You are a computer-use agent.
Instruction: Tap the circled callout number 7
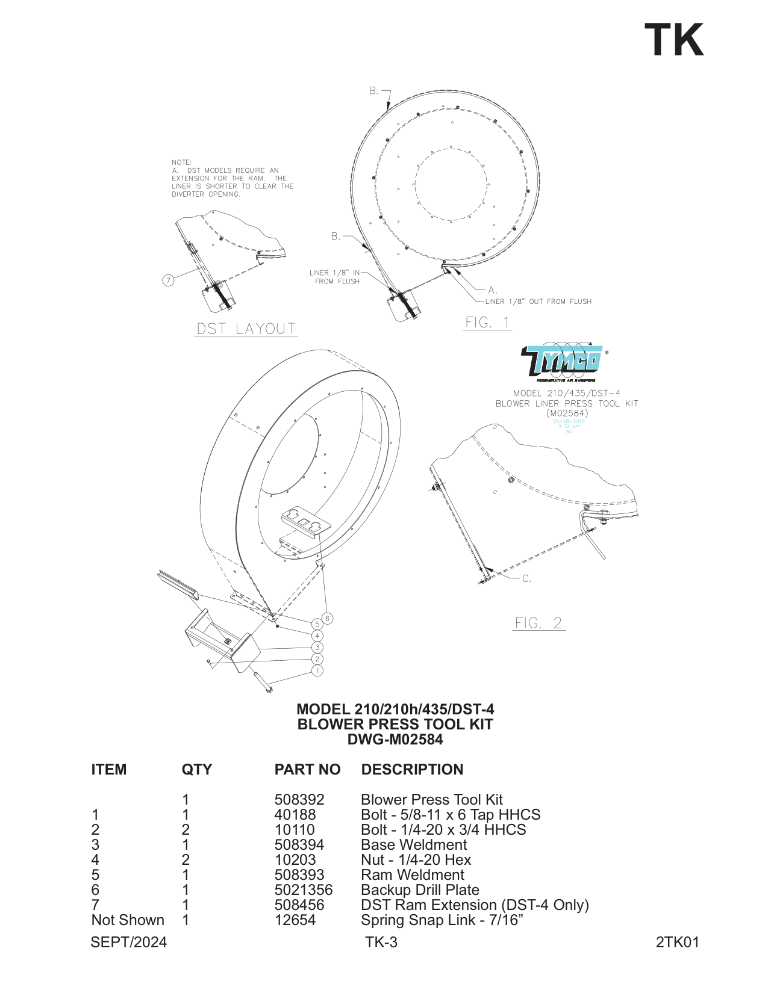coord(169,280)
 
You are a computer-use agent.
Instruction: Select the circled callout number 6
coord(327,618)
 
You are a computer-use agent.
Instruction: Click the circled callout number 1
coord(317,670)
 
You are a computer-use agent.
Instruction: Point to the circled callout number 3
coord(317,648)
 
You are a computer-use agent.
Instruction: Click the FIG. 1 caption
coord(487,323)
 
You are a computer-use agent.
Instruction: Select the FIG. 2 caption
coord(539,623)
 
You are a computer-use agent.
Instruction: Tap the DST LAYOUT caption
coord(246,329)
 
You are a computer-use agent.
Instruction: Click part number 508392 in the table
coord(299,800)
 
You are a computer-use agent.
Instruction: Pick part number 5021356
coord(303,890)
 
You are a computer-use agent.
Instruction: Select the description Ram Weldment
coord(413,875)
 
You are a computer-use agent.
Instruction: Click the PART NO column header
coord(307,770)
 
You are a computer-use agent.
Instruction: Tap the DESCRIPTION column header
coord(412,770)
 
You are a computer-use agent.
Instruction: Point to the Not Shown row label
coord(128,920)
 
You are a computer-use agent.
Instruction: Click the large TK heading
coord(674,40)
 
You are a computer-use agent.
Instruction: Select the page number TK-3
coord(381,942)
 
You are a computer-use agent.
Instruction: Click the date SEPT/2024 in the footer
coord(128,942)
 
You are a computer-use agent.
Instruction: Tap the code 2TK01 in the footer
coord(677,942)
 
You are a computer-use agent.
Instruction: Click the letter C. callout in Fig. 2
coord(526,579)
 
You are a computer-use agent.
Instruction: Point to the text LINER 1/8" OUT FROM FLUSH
coord(539,302)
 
